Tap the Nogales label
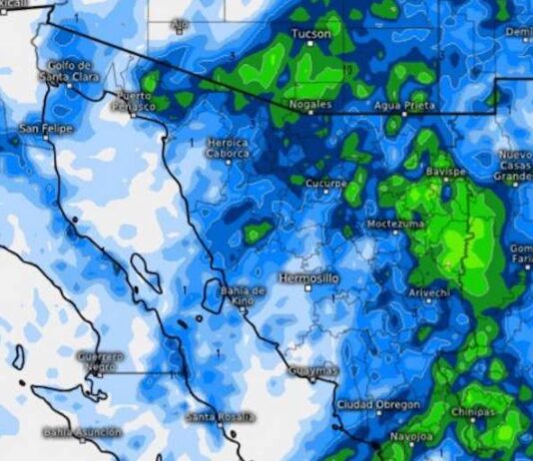pyautogui.click(x=309, y=103)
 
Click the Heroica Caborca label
pyautogui.click(x=228, y=149)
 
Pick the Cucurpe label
pyautogui.click(x=325, y=185)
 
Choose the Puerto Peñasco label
pyautogui.click(x=132, y=100)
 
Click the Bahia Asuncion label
pyautogui.click(x=82, y=432)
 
